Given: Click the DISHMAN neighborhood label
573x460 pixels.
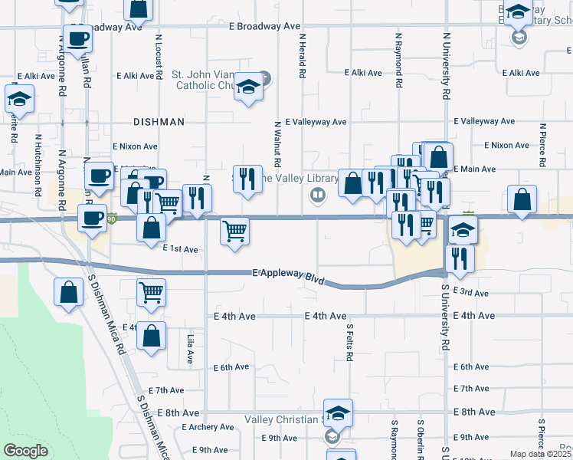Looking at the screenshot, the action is [x=159, y=122].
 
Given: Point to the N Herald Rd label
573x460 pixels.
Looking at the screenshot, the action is [x=303, y=54].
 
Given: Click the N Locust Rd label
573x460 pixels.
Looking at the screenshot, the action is [x=159, y=55].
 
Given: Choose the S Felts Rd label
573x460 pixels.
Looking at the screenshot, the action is [x=349, y=343].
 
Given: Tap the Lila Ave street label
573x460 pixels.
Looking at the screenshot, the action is [x=190, y=348].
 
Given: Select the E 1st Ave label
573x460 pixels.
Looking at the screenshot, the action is [x=181, y=249].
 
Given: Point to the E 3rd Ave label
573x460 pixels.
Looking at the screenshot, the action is [x=470, y=292].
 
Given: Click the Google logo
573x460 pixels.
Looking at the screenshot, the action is [x=25, y=451].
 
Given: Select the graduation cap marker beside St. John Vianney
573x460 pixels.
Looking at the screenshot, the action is [x=248, y=87].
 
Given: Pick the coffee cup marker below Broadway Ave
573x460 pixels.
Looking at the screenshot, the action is [x=77, y=38].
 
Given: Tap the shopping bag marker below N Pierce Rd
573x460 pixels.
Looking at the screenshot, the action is [x=522, y=199].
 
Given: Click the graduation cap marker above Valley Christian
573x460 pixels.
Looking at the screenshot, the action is [x=337, y=413].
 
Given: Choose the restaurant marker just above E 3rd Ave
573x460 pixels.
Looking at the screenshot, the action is [x=459, y=258].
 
